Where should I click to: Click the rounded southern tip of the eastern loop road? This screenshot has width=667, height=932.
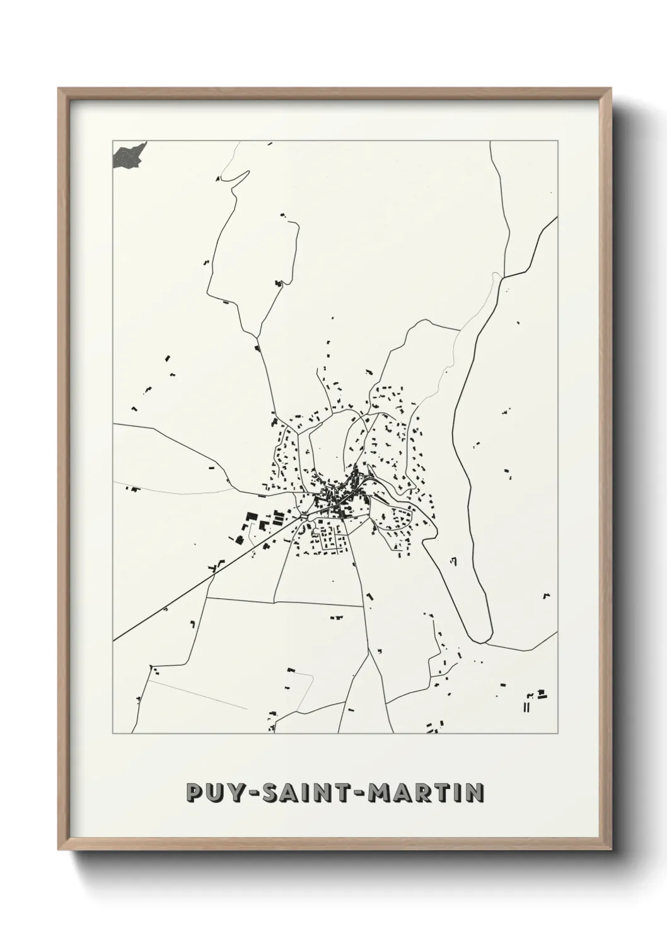(480, 640)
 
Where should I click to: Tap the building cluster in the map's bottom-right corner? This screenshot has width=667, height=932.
(535, 699)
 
